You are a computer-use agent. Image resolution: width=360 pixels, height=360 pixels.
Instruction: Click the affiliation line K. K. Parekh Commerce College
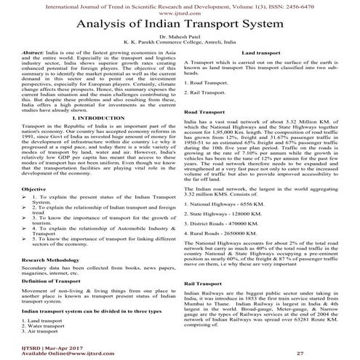click(x=180, y=52)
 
